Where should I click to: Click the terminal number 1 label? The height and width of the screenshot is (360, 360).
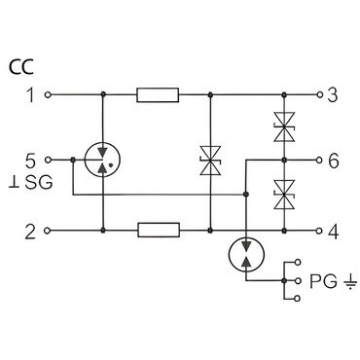30,95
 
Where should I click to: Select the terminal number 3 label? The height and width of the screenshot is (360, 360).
333,95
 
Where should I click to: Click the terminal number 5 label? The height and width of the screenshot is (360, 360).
30,162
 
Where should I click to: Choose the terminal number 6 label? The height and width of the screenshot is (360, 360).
333,162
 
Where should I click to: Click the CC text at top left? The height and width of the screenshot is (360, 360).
21,67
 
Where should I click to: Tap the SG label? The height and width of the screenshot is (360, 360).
39,183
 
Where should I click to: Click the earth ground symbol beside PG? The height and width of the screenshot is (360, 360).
349,282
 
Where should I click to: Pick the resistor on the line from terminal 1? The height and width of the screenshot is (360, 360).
158,94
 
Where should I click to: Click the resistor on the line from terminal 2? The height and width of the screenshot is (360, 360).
159,230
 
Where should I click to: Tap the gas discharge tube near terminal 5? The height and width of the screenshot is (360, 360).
102,160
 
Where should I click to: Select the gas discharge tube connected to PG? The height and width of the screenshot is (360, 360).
246,255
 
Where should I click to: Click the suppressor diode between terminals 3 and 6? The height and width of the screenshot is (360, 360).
284,126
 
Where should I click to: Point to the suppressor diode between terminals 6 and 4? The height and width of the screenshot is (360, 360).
284,195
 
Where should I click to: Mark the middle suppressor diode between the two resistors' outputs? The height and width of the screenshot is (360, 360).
210,161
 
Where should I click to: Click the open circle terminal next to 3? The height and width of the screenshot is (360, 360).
319,94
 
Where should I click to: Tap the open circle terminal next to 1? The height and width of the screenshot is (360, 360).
48,94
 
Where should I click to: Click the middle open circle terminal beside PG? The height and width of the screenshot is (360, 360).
298,280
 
